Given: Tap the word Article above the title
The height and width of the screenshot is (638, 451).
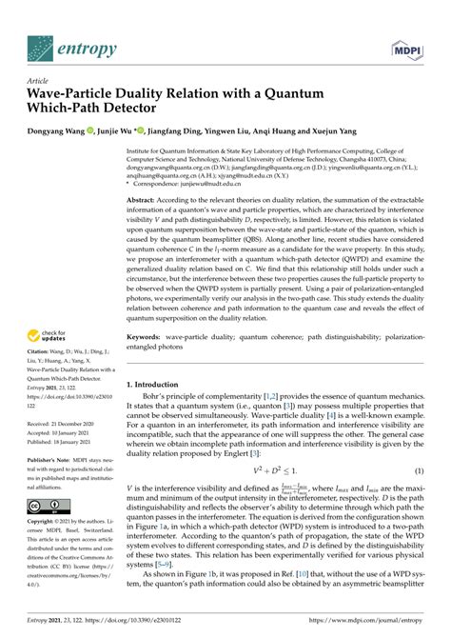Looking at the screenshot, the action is pyautogui.click(x=38, y=81).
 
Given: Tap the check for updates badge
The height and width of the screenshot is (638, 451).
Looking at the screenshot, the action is pyautogui.click(x=49, y=335).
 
